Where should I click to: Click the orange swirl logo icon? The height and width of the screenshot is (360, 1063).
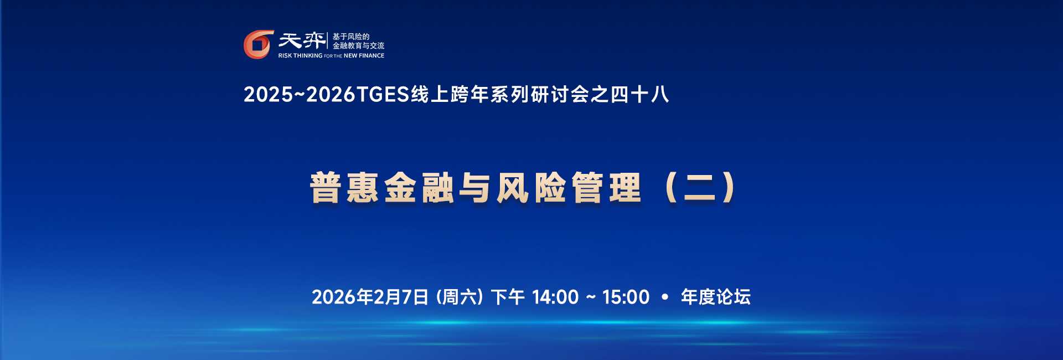(259, 44)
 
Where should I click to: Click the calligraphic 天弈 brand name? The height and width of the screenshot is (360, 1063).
(302, 40)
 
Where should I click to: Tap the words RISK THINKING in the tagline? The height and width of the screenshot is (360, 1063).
(300, 56)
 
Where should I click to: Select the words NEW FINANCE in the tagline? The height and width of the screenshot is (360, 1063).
(364, 56)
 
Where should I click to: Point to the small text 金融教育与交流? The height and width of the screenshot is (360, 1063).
(358, 46)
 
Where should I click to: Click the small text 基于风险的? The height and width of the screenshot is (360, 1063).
(351, 37)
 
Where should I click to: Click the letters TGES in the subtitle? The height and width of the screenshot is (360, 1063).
(383, 95)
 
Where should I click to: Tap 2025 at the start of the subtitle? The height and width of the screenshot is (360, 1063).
(268, 95)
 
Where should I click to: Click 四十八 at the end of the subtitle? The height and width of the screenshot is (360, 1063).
(639, 95)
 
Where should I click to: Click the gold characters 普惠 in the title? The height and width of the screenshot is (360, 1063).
(344, 188)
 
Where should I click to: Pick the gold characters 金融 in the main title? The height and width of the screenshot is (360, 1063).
(419, 188)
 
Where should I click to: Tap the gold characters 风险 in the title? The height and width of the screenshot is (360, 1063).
(531, 188)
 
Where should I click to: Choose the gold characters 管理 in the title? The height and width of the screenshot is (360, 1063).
(606, 188)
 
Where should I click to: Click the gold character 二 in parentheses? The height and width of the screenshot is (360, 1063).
(700, 188)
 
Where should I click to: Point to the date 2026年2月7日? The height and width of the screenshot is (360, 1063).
(370, 297)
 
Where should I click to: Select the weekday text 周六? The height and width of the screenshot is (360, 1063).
(460, 297)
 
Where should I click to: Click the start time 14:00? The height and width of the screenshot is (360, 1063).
(555, 297)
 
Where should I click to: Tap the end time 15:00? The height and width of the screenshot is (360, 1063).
(626, 297)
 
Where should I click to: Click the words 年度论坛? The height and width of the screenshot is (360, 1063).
(716, 297)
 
